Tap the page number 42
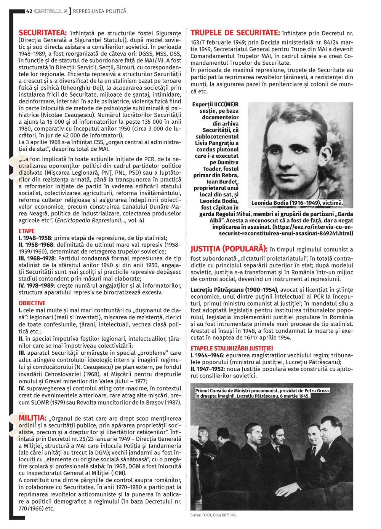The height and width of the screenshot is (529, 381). (29, 11)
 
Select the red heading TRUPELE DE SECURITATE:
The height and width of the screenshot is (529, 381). (235, 33)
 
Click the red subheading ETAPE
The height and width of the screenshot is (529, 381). (26, 231)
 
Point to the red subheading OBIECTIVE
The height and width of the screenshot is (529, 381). (32, 303)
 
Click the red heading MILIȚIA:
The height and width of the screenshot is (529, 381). (32, 418)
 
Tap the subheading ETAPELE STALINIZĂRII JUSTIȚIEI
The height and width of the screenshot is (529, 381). (232, 348)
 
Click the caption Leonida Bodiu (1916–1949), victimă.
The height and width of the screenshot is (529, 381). (297, 203)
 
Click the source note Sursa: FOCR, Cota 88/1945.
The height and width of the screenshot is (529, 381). (213, 515)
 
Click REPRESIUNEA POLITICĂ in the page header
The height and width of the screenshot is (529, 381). (99, 11)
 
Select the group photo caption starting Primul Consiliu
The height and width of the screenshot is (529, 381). (263, 391)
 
